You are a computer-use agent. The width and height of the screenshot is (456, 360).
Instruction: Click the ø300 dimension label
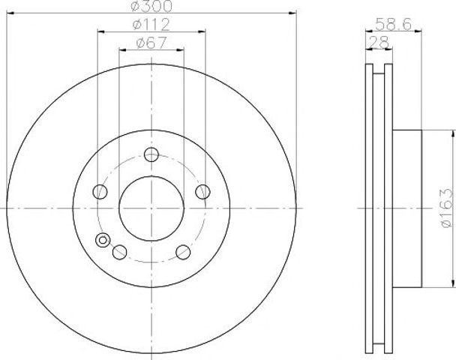(x=151, y=6)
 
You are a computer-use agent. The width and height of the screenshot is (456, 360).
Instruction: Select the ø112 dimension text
(x=151, y=25)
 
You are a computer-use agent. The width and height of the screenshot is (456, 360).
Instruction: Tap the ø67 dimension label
(x=151, y=43)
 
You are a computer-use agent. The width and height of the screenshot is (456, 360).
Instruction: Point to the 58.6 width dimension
(x=393, y=24)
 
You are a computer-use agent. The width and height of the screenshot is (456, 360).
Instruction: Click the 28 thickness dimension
(x=379, y=42)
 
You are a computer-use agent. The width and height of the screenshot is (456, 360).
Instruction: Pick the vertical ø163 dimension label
(x=447, y=208)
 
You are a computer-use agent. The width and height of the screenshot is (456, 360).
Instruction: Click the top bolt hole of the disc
(x=151, y=154)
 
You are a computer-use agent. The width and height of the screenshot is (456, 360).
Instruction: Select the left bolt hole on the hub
(x=100, y=192)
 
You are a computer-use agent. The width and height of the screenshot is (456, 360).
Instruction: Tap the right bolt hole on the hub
(x=202, y=192)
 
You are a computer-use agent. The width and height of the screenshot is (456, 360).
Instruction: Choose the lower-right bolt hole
(x=183, y=252)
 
